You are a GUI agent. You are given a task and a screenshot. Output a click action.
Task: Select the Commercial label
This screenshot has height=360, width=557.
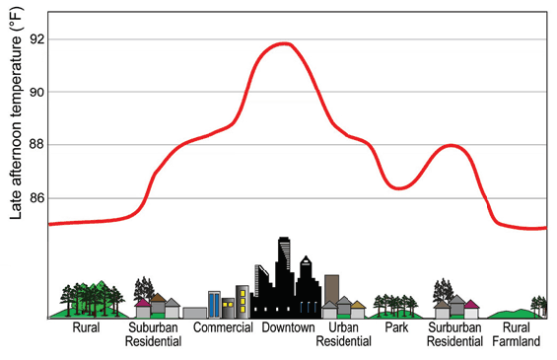click(224, 328)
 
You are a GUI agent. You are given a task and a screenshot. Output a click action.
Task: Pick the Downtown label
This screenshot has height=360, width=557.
click(288, 328)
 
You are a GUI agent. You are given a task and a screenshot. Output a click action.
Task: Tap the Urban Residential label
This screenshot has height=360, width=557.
click(343, 335)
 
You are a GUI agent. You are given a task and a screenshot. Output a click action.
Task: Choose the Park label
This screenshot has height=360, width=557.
click(396, 328)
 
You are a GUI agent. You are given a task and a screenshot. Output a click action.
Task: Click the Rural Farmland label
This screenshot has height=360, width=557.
click(519, 335)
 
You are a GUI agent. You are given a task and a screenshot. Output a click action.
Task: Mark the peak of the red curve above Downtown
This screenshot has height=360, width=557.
click(285, 43)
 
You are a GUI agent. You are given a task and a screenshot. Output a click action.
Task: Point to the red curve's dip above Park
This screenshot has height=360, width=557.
click(398, 187)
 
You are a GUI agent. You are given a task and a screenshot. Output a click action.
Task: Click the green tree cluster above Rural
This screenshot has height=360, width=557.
click(95, 295)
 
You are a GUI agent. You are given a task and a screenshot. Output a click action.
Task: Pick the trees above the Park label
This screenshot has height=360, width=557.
click(395, 303)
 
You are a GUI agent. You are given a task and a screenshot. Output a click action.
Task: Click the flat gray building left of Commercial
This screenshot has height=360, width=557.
click(194, 313)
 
